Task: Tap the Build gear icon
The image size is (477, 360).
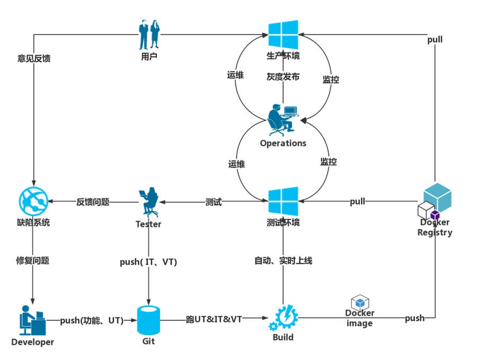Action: pyautogui.click(x=284, y=318)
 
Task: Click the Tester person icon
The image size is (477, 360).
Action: pyautogui.click(x=148, y=201)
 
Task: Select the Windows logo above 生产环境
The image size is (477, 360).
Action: pyautogui.click(x=283, y=35)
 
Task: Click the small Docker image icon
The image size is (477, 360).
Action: pyautogui.click(x=360, y=303)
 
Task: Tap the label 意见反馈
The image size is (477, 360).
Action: pyautogui.click(x=34, y=58)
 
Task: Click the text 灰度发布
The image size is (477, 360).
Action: pyautogui.click(x=283, y=77)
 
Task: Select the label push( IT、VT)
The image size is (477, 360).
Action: pyautogui.click(x=149, y=262)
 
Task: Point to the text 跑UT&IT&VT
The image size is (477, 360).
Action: pyautogui.click(x=214, y=320)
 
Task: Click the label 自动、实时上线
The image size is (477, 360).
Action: pyautogui.click(x=283, y=261)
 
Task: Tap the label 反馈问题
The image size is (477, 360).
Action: pyautogui.click(x=93, y=202)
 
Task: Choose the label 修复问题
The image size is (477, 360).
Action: pyautogui.click(x=33, y=261)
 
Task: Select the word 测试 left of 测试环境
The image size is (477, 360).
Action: pyautogui.click(x=214, y=203)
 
